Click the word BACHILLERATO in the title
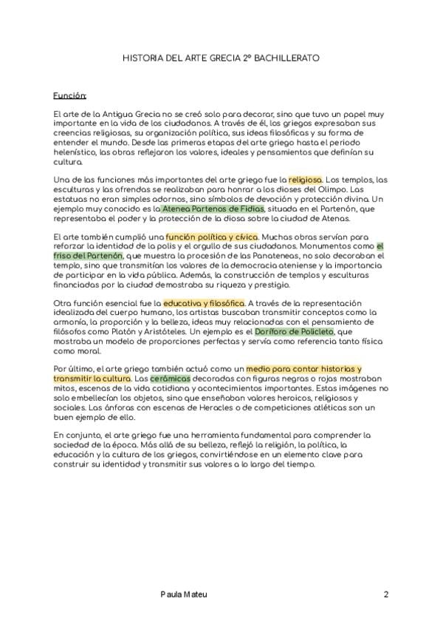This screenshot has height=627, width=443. point(288,57)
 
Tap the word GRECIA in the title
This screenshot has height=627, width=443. point(222,57)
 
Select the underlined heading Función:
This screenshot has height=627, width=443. point(70,96)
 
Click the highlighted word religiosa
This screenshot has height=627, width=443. point(305,180)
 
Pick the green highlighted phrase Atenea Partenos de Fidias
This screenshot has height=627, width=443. point(212,209)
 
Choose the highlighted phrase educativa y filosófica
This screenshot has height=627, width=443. point(204,304)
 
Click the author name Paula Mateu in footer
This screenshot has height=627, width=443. point(184,594)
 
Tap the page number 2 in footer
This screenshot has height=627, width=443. point(385,594)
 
